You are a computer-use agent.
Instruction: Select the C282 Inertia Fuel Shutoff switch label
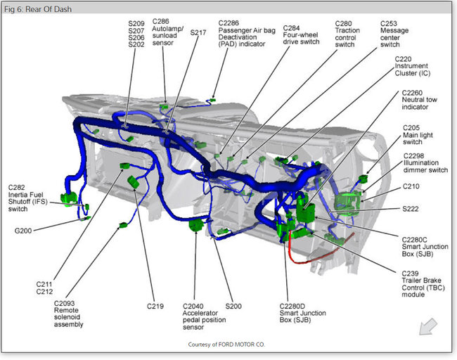click(x=27, y=198)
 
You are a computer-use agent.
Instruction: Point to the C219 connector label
click(x=155, y=307)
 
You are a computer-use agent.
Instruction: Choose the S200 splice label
click(x=233, y=307)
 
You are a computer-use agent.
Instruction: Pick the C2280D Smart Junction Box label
click(x=293, y=315)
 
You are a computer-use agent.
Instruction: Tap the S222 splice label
click(x=411, y=209)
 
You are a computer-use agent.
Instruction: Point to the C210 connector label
click(x=411, y=186)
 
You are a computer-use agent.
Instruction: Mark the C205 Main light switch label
click(x=419, y=135)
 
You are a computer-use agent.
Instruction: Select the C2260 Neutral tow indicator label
click(x=421, y=100)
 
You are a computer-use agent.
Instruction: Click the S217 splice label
click(x=198, y=32)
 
